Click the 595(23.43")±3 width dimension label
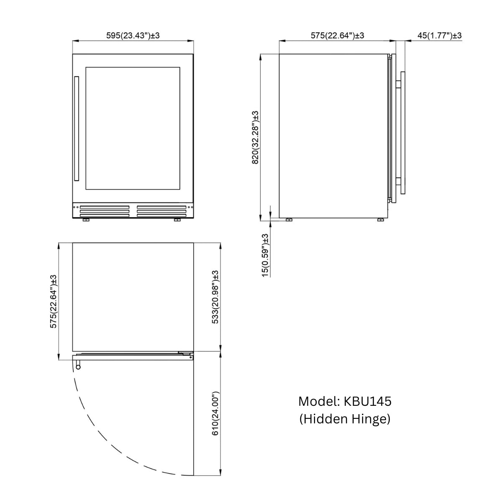pos(133,36)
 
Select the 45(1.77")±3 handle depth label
pos(439,36)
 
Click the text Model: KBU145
pos(345,401)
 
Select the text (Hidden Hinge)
pos(345,419)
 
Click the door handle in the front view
pos(77,128)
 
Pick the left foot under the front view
pos(86,220)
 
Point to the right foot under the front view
pos(177,220)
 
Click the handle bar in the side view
pos(403,133)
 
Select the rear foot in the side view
pos(289,220)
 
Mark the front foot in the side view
pos(381,220)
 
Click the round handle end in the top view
pos(78,367)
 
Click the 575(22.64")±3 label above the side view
pos(337,36)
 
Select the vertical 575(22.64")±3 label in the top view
pos(54,301)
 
